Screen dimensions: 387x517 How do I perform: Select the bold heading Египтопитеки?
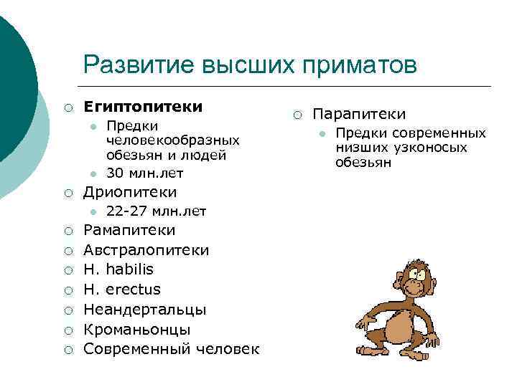pos(143,107)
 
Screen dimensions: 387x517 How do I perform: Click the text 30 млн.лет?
pos(144,173)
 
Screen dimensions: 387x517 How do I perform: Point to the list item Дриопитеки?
pos(130,192)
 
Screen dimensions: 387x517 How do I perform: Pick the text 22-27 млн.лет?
pos(156,211)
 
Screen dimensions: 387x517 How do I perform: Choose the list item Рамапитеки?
pos(129,231)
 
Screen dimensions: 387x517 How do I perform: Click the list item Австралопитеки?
pos(146,250)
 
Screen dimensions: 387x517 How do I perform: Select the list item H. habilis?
pos(118,269)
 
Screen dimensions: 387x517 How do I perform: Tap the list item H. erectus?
pos(122,290)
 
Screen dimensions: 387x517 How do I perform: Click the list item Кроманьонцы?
pos(137,330)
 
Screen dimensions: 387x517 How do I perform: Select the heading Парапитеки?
pos(359,114)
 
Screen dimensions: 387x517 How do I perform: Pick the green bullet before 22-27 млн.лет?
pos(93,211)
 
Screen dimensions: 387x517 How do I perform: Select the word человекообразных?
pos(172,140)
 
